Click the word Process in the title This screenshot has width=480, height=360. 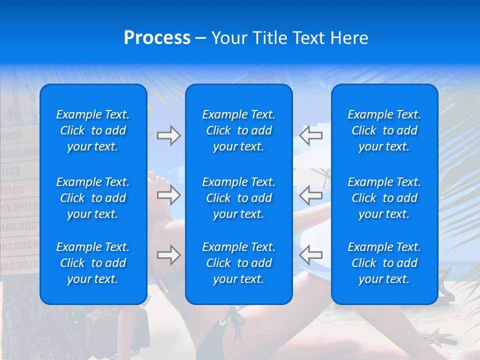(157, 38)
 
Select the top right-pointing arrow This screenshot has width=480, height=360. (168, 135)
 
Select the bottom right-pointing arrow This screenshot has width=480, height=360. (168, 255)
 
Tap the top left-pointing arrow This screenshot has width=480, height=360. (311, 135)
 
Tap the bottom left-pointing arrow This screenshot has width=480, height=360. (311, 255)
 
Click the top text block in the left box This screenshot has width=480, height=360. (93, 130)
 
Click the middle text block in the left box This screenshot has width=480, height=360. (93, 198)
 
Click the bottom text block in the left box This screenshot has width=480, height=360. (93, 263)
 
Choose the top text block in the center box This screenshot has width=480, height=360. (238, 130)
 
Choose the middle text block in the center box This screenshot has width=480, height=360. (238, 198)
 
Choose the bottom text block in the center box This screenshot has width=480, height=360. (238, 263)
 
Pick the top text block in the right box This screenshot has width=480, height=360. (384, 130)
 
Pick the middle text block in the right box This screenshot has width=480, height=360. (384, 198)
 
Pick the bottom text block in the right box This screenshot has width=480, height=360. (384, 263)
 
